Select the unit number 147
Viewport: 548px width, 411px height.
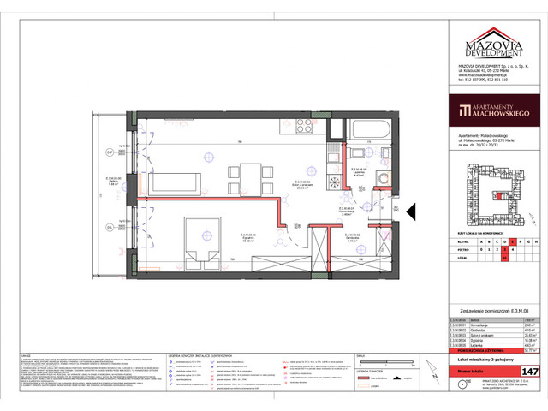click(530, 370)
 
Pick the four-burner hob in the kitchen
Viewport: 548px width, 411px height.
click(305, 128)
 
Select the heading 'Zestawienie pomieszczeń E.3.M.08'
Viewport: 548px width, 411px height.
click(492, 310)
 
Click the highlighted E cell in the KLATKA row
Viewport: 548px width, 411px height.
click(505, 241)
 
